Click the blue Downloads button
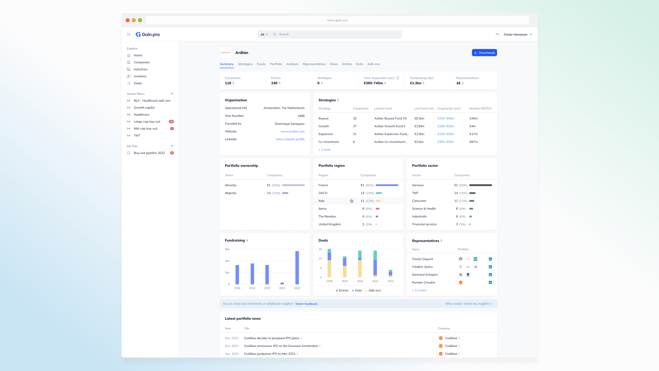click(x=484, y=53)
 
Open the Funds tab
click(x=261, y=64)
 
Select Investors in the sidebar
click(x=140, y=76)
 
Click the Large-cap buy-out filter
click(x=147, y=122)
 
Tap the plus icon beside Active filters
click(x=172, y=94)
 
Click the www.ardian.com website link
click(x=292, y=132)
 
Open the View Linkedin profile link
click(x=290, y=139)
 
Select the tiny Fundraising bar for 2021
click(x=282, y=283)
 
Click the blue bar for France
click(x=387, y=185)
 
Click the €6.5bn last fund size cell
click(x=419, y=119)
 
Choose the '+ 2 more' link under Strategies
click(x=325, y=150)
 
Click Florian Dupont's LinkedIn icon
click(x=490, y=259)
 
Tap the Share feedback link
click(x=306, y=304)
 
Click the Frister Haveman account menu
click(x=515, y=34)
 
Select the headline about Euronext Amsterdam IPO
click(x=281, y=346)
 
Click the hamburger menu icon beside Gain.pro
click(x=129, y=34)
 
